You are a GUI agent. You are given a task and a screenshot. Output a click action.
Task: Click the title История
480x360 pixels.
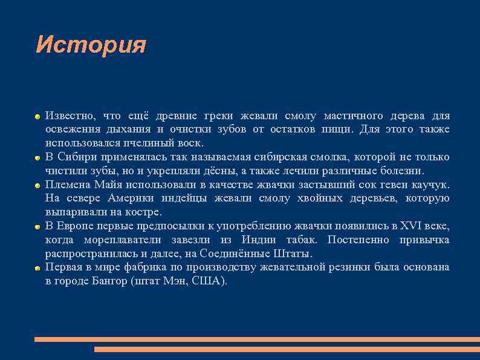[91, 45]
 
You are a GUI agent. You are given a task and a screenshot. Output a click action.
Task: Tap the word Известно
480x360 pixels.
[69, 116]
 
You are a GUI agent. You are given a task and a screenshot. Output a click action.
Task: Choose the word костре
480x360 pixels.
[145, 212]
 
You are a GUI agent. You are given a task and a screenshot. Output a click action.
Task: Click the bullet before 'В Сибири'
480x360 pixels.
[37, 157]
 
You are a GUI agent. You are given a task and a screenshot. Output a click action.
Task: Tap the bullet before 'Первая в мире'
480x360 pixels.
[37, 268]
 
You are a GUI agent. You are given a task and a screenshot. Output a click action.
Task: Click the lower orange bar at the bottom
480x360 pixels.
[287, 350]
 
